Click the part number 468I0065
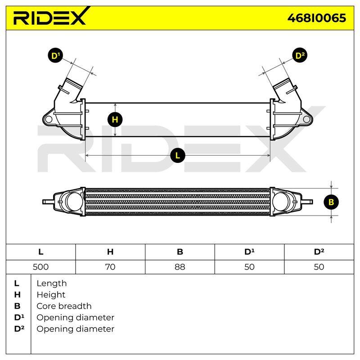[x=317, y=18]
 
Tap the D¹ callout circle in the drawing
[x=55, y=55]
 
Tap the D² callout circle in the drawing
[x=300, y=55]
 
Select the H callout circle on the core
[x=115, y=119]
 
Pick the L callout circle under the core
[x=178, y=156]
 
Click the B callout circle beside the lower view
[x=331, y=202]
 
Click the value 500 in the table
[x=40, y=267]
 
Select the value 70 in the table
[x=110, y=267]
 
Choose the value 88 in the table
[x=180, y=267]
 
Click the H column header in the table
[x=110, y=252]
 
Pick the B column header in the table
[x=180, y=252]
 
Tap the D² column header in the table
[x=319, y=252]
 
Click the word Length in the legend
[x=52, y=283]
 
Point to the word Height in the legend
[x=51, y=295]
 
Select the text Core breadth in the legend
[x=64, y=306]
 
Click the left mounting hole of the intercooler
[x=49, y=119]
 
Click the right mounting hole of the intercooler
[x=306, y=119]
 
